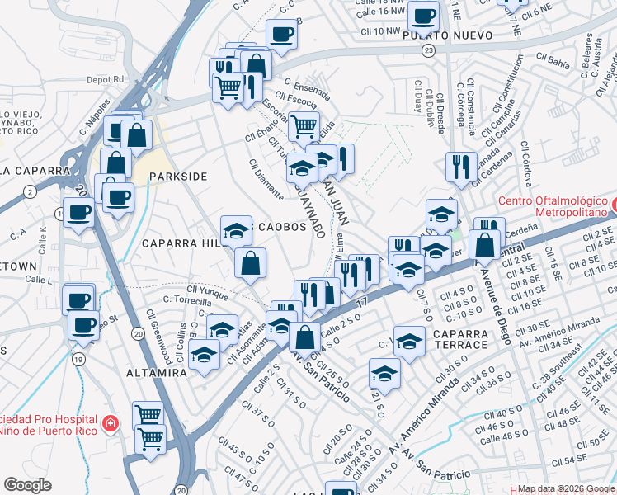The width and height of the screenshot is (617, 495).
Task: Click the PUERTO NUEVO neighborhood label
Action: coord(447,35)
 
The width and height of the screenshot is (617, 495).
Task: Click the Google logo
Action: coord(27,484)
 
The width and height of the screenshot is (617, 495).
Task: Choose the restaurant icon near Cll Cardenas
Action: coord(461,166)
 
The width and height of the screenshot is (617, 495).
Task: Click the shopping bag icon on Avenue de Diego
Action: coord(484,243)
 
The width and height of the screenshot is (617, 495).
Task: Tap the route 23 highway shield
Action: coord(427,51)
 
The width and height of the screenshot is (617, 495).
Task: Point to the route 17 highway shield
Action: coord(361,304)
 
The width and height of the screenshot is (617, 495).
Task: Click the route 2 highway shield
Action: coord(30,191)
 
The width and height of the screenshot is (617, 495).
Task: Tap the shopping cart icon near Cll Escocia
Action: coord(304,126)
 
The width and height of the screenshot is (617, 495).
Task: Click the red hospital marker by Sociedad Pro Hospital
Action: coord(110,425)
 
